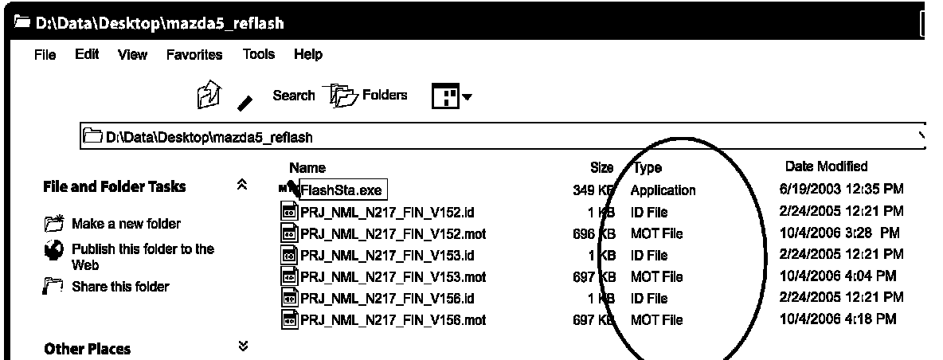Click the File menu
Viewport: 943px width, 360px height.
click(45, 55)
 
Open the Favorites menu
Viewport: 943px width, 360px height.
click(194, 55)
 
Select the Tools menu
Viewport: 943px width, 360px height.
click(259, 55)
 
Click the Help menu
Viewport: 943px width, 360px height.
click(308, 55)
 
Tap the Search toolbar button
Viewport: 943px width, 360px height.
click(294, 96)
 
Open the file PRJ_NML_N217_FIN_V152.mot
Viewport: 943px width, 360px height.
click(393, 233)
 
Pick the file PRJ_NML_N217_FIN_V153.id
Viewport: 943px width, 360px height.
click(387, 255)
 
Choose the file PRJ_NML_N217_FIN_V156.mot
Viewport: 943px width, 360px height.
click(393, 320)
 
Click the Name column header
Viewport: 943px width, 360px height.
click(307, 168)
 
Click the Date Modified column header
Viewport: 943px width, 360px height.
click(826, 166)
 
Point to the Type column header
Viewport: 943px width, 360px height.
click(648, 168)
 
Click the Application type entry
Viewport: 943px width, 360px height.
click(663, 190)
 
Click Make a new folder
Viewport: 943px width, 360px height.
click(126, 224)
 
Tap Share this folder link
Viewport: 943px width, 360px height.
click(120, 287)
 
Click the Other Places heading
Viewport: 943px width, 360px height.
click(88, 349)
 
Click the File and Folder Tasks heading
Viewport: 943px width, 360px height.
click(114, 186)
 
